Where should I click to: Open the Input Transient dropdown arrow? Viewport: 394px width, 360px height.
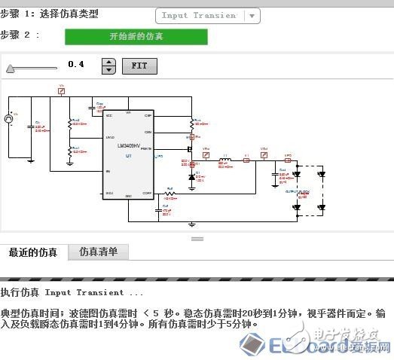click(x=252, y=15)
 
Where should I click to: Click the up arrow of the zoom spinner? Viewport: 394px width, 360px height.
click(x=108, y=62)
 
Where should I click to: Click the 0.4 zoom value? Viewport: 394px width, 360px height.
click(x=75, y=65)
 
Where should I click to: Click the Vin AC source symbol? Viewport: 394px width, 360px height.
click(x=10, y=118)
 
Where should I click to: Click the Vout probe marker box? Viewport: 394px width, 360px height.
click(x=264, y=160)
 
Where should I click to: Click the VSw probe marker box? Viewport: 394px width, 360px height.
click(x=206, y=160)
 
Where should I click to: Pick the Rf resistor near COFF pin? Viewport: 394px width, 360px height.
click(x=170, y=193)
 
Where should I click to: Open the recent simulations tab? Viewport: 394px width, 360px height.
click(x=33, y=252)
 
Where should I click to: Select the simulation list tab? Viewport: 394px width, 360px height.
click(x=98, y=252)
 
